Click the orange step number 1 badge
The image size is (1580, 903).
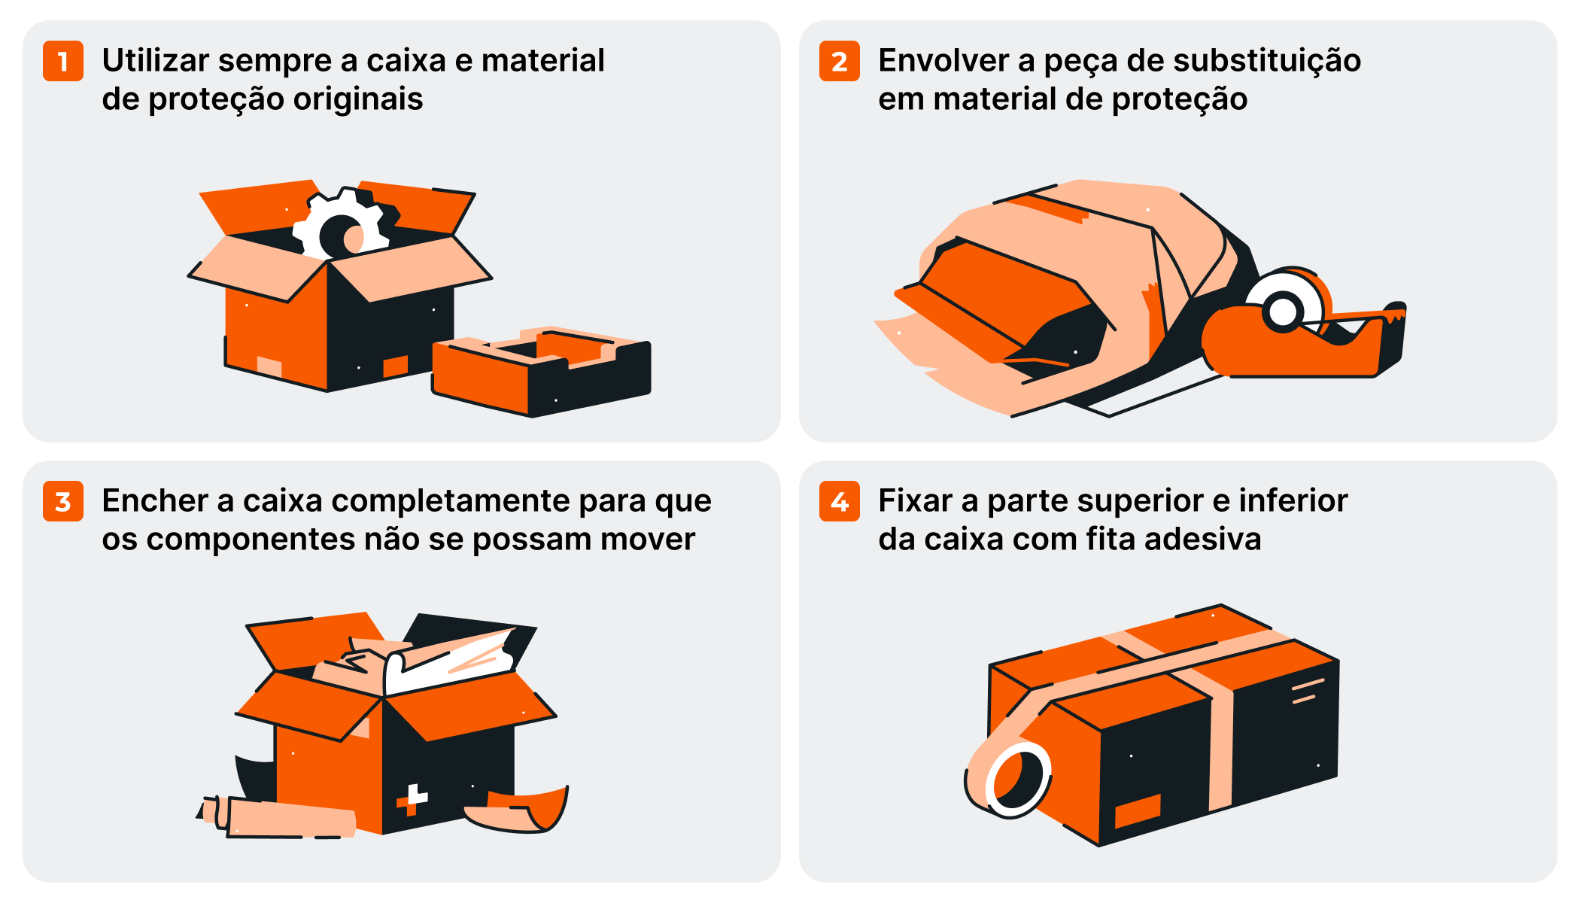coord(63,61)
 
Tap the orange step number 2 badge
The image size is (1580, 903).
coord(840,61)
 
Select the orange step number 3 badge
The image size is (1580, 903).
coord(63,501)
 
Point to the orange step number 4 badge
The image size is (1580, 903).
coord(840,501)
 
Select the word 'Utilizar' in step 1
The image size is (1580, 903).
coord(156,60)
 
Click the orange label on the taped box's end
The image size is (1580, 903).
coord(1138,810)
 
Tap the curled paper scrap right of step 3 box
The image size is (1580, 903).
coord(519,810)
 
